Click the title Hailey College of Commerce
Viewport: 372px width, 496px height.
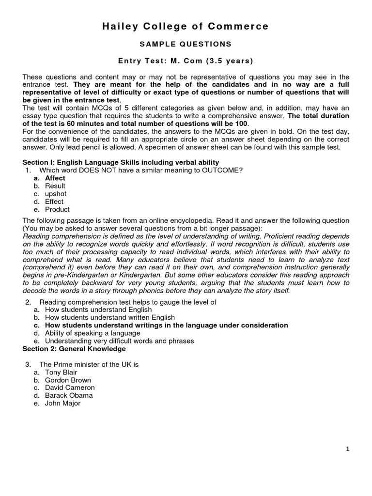click(x=186, y=27)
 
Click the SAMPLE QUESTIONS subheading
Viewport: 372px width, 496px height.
click(x=186, y=44)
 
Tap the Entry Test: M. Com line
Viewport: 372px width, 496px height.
click(x=186, y=61)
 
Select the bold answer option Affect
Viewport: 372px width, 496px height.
click(x=55, y=178)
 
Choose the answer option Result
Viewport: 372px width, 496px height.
click(x=55, y=186)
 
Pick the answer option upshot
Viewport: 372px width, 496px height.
click(x=56, y=194)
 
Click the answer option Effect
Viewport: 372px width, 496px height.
click(x=54, y=201)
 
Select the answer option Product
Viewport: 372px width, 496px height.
click(x=57, y=209)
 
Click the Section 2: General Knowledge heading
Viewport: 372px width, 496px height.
click(x=74, y=349)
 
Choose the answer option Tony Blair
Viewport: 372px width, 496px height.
click(x=61, y=372)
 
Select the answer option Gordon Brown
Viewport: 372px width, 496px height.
click(x=68, y=380)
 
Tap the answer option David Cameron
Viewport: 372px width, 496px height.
click(x=70, y=387)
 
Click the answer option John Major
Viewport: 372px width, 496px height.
click(x=62, y=403)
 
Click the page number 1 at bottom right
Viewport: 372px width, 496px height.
click(x=348, y=449)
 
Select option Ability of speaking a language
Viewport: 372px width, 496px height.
click(x=93, y=333)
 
